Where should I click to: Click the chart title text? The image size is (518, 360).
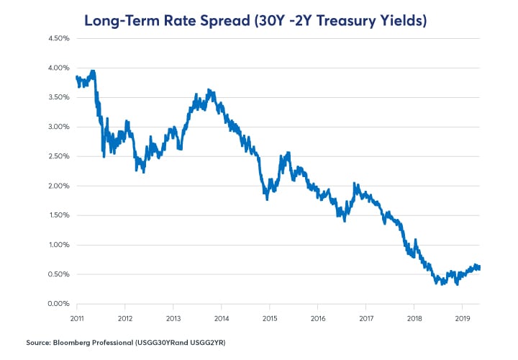[255, 19]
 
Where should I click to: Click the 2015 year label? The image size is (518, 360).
[270, 318]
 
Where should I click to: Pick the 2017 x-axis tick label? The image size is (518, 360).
[366, 318]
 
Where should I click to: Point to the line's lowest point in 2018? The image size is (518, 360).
[437, 284]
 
